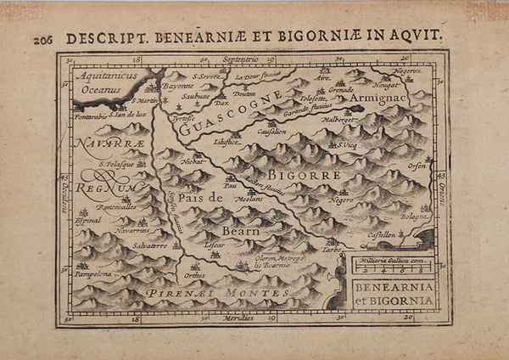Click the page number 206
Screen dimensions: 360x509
coord(45,39)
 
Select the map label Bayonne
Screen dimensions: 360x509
coord(176,87)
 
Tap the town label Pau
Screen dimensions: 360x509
coord(230,185)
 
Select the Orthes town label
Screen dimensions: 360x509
coord(194,276)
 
